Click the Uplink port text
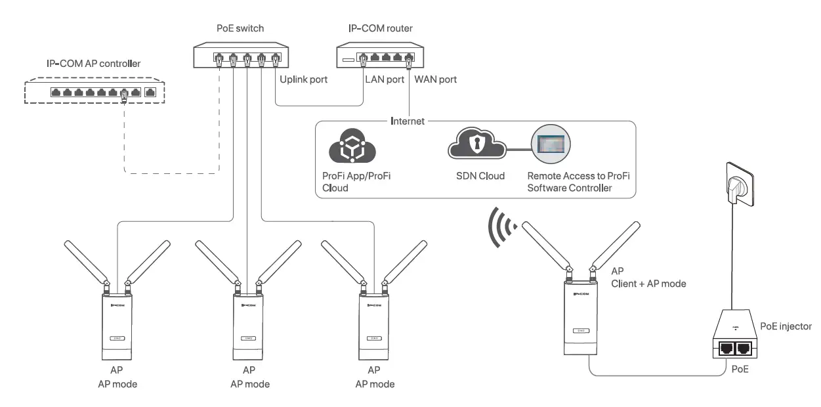point(303,80)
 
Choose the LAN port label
point(384,80)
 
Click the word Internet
point(407,121)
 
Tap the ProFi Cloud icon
point(352,149)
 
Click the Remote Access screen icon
point(551,144)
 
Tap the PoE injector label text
point(786,326)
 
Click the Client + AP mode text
point(648,284)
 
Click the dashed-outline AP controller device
point(95,93)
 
